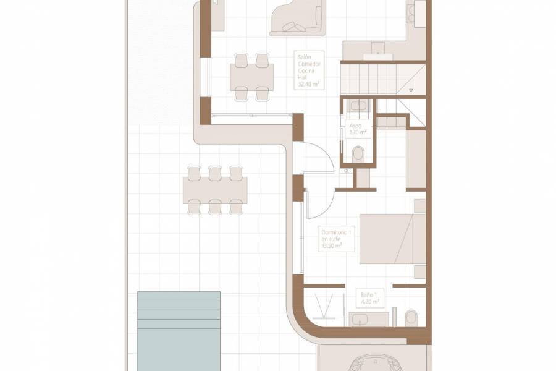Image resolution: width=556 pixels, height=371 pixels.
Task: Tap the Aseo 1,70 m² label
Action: (x=358, y=129)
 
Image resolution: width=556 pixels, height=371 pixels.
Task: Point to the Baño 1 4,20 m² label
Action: (x=369, y=299)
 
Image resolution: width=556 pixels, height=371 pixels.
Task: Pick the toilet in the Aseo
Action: (x=357, y=153)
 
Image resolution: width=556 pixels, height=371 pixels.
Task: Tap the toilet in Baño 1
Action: (x=411, y=318)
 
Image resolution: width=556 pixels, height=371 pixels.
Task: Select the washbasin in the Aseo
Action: (x=358, y=105)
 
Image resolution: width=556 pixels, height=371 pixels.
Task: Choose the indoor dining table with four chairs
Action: (x=252, y=77)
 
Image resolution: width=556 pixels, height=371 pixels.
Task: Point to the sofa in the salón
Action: (x=297, y=17)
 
